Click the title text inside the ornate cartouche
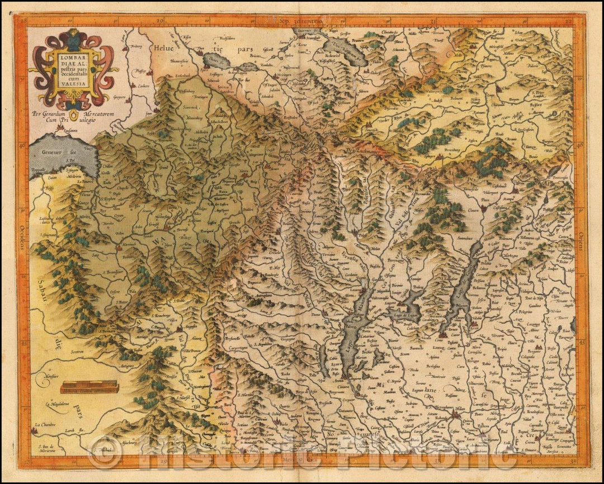pos(73,67)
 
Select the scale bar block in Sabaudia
pos(89,387)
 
